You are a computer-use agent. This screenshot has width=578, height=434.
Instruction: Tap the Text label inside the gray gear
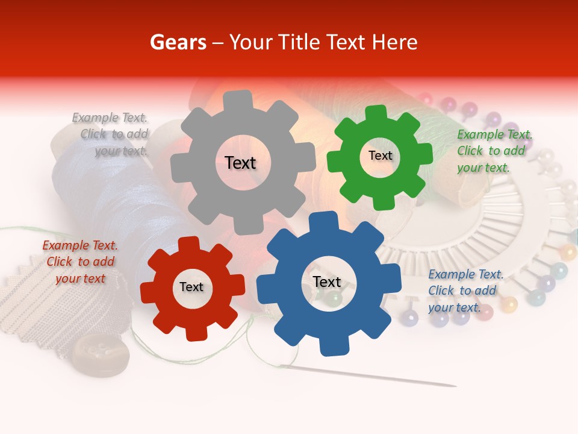[240, 163]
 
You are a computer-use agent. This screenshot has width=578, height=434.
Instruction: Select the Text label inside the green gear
[380, 156]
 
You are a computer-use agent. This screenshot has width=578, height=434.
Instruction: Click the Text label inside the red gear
[191, 288]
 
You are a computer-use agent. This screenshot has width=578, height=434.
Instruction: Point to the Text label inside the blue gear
[327, 282]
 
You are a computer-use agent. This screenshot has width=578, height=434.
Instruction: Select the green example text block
[494, 151]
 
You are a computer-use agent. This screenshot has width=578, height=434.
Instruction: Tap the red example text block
[80, 262]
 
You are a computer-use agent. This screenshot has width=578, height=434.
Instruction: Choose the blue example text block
[465, 291]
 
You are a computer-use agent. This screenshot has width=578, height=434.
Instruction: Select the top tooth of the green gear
[376, 113]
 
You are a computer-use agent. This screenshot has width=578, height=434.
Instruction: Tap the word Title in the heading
[299, 42]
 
